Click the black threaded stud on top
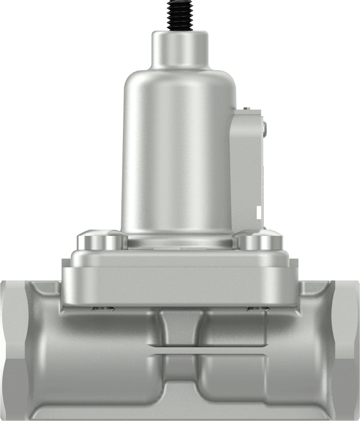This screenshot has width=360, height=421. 181,15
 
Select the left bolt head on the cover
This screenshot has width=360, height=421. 103,241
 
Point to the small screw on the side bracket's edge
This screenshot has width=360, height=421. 264,128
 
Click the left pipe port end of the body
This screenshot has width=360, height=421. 13,350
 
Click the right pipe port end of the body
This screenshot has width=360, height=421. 346,350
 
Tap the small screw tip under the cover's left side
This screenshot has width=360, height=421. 102,308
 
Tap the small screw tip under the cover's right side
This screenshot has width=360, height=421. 257,308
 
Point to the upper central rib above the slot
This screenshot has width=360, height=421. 181,327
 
